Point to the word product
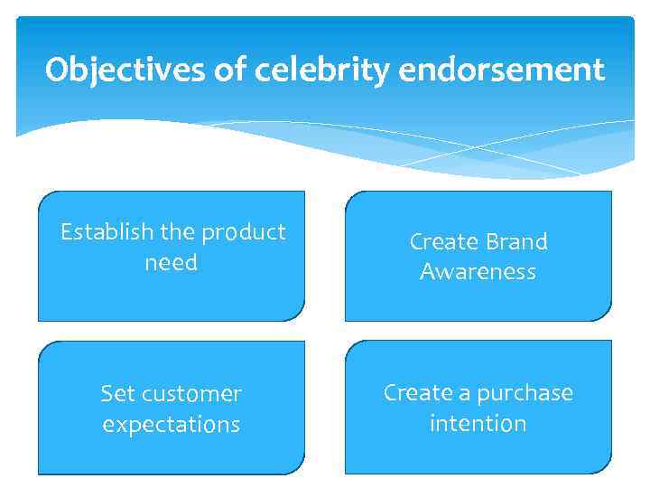point(243,232)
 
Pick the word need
point(171,263)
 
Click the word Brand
point(515,241)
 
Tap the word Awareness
point(478,272)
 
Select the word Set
point(117,394)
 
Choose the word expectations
point(171,425)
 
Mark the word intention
point(478,423)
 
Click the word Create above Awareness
point(442,241)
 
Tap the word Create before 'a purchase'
point(416,393)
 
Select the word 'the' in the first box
point(177,232)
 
